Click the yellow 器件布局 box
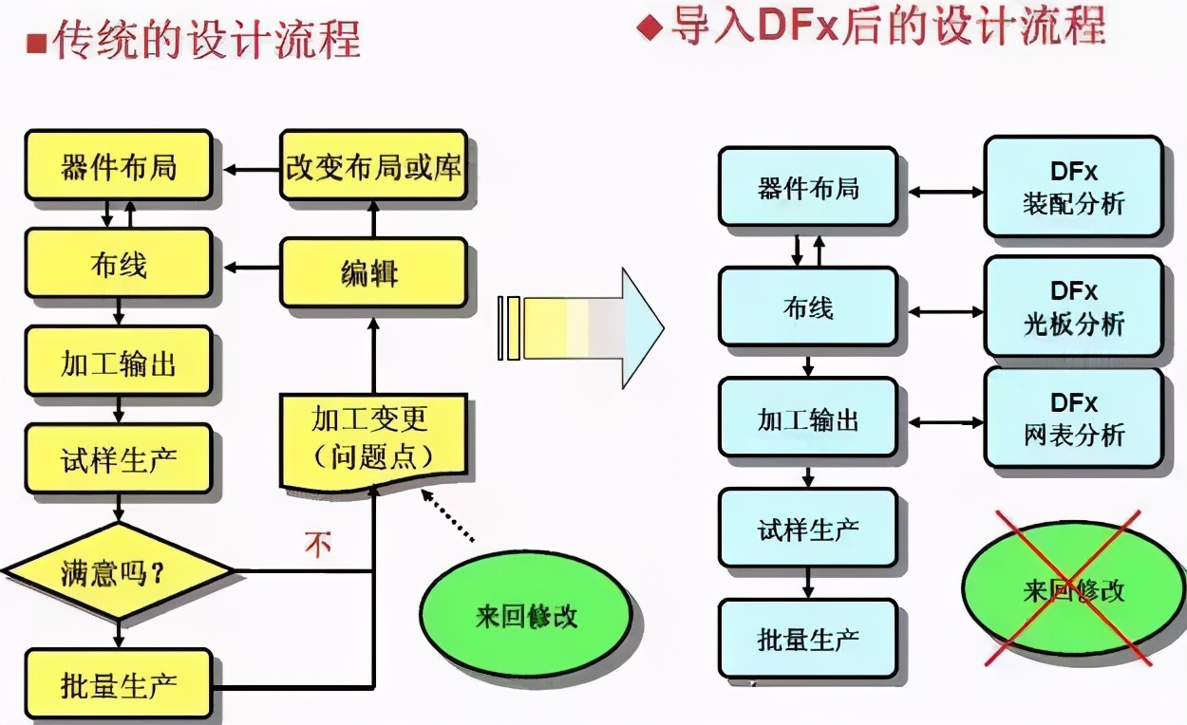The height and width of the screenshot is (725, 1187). (118, 166)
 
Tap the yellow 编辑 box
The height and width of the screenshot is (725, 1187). (373, 273)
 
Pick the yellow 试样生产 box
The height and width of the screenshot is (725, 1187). (118, 460)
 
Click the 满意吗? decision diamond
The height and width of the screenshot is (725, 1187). (118, 572)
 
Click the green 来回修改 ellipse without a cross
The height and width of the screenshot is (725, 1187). (525, 615)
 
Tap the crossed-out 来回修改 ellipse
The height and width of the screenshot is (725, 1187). (1073, 590)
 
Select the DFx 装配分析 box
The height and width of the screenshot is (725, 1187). (1073, 187)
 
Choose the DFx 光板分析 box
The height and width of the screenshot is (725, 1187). (1073, 307)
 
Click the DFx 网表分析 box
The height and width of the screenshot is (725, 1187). (1073, 418)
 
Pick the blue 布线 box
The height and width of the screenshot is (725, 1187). (807, 307)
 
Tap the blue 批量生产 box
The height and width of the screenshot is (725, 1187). (807, 639)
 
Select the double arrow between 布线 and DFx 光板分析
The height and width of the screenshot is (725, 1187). (946, 309)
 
